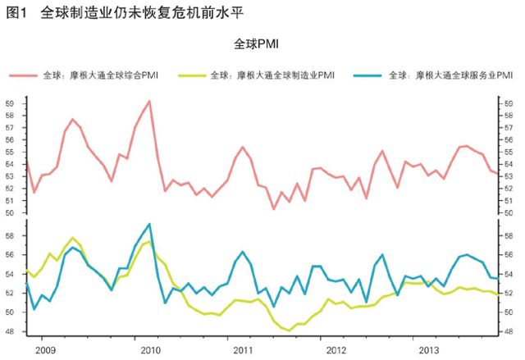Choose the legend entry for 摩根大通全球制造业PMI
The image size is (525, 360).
pyautogui.click(x=272, y=75)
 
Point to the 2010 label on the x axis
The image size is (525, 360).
pyautogui.click(x=144, y=350)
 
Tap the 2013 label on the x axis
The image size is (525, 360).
pyautogui.click(x=428, y=350)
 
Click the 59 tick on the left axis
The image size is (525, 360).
pyautogui.click(x=11, y=103)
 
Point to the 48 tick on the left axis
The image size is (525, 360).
pyautogui.click(x=11, y=331)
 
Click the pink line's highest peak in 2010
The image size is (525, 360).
pyautogui.click(x=148, y=101)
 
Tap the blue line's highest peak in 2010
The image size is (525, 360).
pyautogui.click(x=148, y=224)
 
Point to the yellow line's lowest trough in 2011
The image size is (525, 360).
pyautogui.click(x=290, y=330)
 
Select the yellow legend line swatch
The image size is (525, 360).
pyautogui.click(x=190, y=75)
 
